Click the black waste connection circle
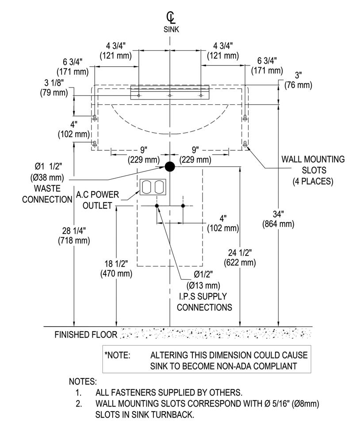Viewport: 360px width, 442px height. click(170, 167)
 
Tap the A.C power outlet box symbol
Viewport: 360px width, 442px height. click(153, 187)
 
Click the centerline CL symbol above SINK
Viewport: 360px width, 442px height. click(170, 18)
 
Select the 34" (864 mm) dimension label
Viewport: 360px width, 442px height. click(277, 219)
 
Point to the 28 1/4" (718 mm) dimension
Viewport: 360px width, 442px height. click(73, 235)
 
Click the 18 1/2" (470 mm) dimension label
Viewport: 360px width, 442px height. click(116, 268)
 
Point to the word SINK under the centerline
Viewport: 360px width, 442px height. click(170, 30)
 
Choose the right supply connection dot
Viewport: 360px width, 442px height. click(183, 206)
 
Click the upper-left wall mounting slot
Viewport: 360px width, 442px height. click(95, 118)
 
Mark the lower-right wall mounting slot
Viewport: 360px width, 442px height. click(245, 144)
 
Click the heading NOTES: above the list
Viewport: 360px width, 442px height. click(83, 381)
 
